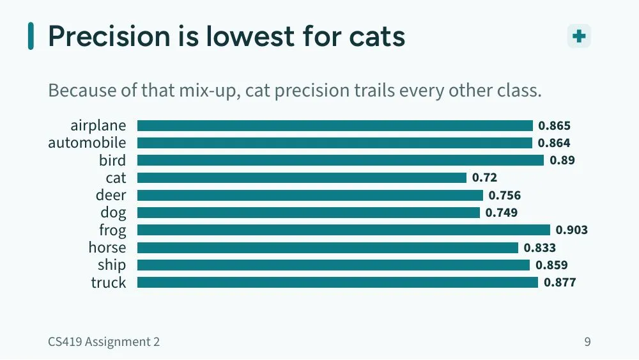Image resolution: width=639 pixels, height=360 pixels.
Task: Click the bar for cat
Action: pyautogui.click(x=302, y=178)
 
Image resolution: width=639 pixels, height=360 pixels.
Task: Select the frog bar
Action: pyautogui.click(x=344, y=230)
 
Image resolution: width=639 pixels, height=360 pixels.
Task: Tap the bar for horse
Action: pyautogui.click(x=328, y=247)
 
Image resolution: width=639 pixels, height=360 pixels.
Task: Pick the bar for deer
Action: pyautogui.click(x=310, y=195)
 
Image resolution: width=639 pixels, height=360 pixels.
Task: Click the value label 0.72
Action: pyautogui.click(x=484, y=178)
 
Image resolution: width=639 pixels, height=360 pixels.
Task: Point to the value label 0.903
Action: pyautogui.click(x=572, y=230)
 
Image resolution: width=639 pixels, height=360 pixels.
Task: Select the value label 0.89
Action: pyautogui.click(x=562, y=160)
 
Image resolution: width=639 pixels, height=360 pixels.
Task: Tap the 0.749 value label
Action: pyautogui.click(x=501, y=212)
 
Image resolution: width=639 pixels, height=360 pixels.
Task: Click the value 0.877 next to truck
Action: pyautogui.click(x=560, y=282)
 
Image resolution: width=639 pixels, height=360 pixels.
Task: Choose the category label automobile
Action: pyautogui.click(x=87, y=143)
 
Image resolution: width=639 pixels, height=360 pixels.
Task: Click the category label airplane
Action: pyautogui.click(x=98, y=125)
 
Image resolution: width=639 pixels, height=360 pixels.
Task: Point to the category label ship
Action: pyautogui.click(x=112, y=265)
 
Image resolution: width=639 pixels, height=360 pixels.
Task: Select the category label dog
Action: pyautogui.click(x=113, y=213)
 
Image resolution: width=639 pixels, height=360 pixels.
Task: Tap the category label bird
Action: pyautogui.click(x=112, y=160)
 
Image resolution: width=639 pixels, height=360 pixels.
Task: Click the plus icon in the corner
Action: pyautogui.click(x=579, y=36)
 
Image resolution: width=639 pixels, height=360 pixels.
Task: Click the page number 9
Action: pyautogui.click(x=587, y=341)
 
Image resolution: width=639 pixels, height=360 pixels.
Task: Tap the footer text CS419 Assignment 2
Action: pyautogui.click(x=104, y=341)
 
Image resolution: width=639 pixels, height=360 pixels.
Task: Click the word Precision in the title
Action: pyautogui.click(x=109, y=36)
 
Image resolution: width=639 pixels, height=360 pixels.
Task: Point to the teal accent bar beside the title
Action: pyautogui.click(x=31, y=36)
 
